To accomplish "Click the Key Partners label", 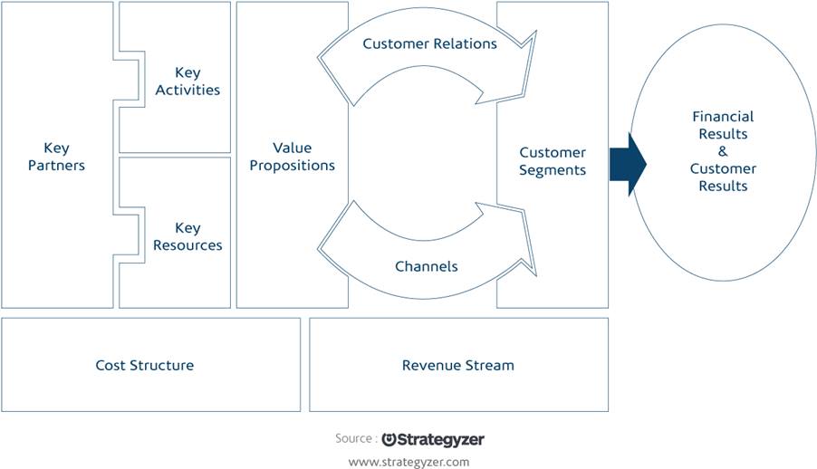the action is pos(56,157).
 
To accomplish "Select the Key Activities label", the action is pos(187,81).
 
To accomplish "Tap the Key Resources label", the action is pos(187,236).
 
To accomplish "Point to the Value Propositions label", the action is pos(292,157).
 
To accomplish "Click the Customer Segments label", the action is pos(553,161).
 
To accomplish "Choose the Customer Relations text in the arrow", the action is pos(430,43).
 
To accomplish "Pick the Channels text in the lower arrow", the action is pos(427,266).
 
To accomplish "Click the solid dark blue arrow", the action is pos(628,165).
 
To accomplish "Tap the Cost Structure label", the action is pos(144,365).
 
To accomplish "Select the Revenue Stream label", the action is pos(458,365).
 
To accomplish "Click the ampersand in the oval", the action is pos(723,151).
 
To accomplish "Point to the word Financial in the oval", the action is pos(723,116).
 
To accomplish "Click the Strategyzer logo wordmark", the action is pos(433,440).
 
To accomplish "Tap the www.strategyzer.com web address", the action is pos(408,463).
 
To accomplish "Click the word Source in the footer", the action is pos(353,438).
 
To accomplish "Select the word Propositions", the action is pos(292,166).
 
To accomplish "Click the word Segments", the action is pos(553,170).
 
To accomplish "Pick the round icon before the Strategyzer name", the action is pos(389,439).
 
